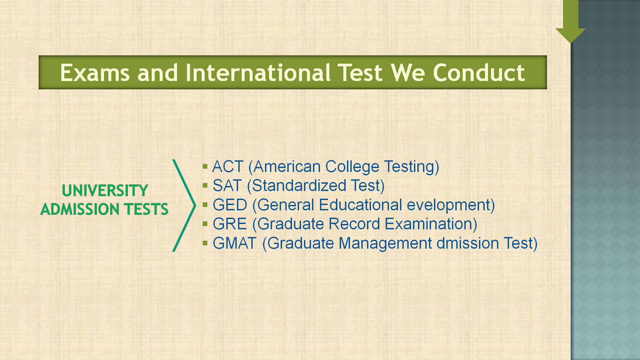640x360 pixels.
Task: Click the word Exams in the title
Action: click(95, 73)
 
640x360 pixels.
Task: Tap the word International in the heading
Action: click(258, 73)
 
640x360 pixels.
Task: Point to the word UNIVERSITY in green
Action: click(105, 191)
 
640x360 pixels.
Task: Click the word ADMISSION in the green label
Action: click(80, 209)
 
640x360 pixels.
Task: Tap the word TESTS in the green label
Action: click(146, 209)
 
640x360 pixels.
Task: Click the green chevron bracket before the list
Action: click(184, 205)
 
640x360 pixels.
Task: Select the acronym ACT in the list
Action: click(228, 167)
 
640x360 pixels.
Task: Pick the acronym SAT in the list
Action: click(227, 186)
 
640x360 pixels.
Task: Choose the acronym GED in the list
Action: click(230, 205)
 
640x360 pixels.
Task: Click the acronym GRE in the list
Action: click(230, 224)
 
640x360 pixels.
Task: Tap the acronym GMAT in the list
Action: click(235, 243)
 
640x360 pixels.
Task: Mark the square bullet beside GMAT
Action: click(205, 243)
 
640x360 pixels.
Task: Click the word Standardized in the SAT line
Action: click(299, 186)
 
